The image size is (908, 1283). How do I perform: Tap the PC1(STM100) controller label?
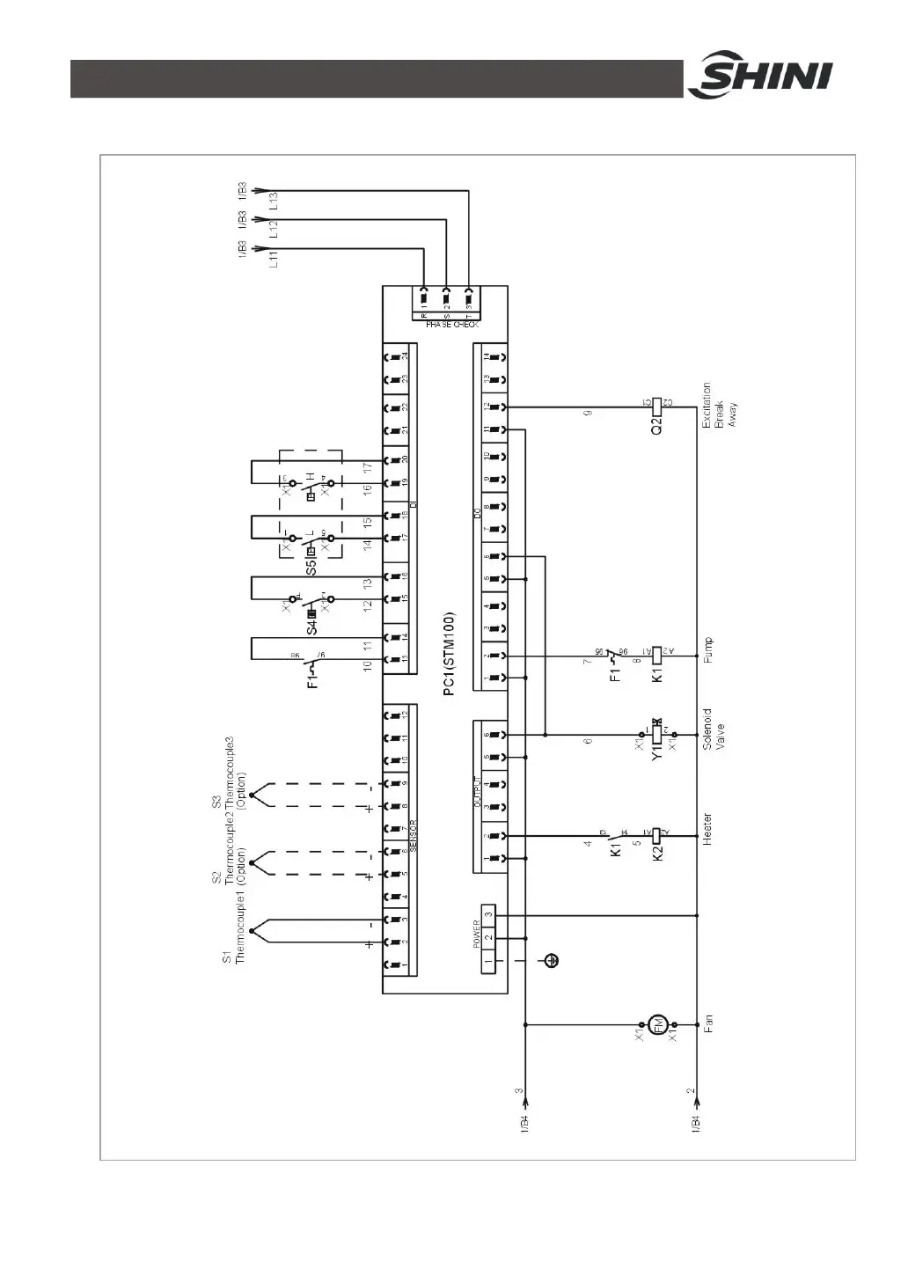pyautogui.click(x=449, y=654)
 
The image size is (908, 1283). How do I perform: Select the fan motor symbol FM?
pyautogui.click(x=656, y=1024)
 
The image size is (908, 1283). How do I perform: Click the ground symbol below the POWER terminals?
pyautogui.click(x=552, y=960)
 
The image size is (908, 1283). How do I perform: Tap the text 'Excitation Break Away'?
pyautogui.click(x=719, y=406)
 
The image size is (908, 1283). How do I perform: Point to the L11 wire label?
pyautogui.click(x=273, y=258)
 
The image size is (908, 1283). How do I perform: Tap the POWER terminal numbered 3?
pyautogui.click(x=488, y=915)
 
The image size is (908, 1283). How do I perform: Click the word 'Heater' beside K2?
pyautogui.click(x=707, y=830)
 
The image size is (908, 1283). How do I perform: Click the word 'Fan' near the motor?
pyautogui.click(x=708, y=1023)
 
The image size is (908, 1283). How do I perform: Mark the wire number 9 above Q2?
pyautogui.click(x=589, y=413)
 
